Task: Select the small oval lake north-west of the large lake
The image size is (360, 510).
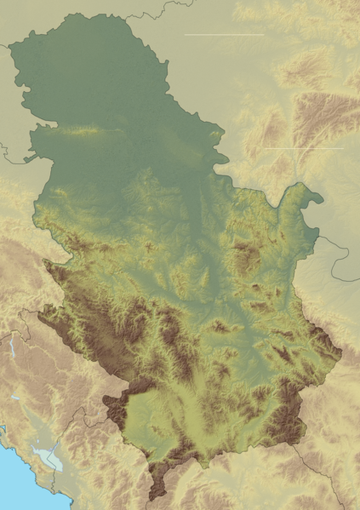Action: coord(18,398)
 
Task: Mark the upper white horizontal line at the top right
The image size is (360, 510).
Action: coord(224,34)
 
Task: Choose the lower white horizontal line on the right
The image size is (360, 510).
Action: coord(304,149)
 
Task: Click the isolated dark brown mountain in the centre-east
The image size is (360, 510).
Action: coord(247,255)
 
